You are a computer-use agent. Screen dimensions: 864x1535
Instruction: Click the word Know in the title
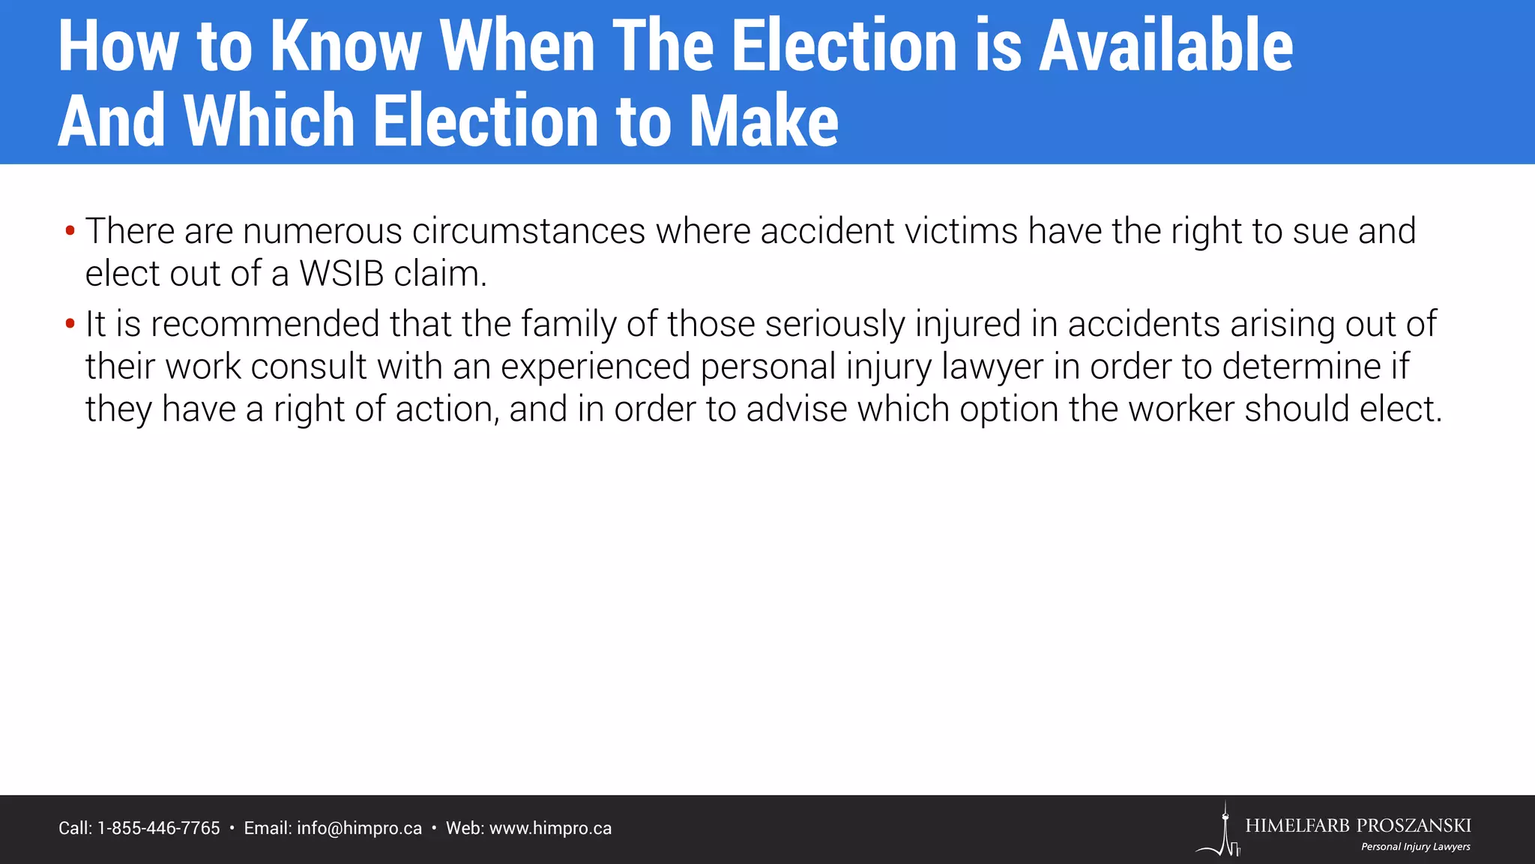tap(345, 46)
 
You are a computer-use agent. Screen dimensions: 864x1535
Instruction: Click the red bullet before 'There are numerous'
tap(70, 230)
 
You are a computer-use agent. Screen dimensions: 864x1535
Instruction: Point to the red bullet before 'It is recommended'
tap(70, 324)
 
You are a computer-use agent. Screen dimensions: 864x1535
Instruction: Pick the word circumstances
tap(528, 231)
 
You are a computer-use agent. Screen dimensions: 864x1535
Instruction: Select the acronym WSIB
tap(341, 274)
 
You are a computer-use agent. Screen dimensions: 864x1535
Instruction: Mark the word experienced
tap(594, 367)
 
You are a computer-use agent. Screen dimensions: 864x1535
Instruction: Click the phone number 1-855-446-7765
tap(159, 829)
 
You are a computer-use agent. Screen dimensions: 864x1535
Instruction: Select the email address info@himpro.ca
tap(359, 829)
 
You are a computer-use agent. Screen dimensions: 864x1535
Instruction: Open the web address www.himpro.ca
tap(550, 829)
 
